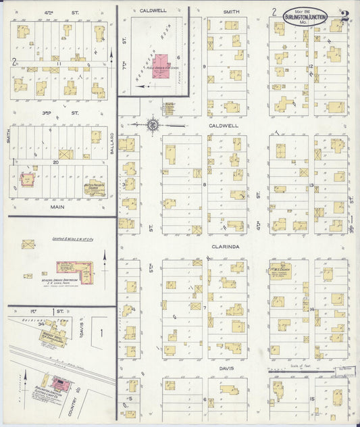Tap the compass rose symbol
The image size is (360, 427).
[153, 124]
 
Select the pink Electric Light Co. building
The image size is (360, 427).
[61, 385]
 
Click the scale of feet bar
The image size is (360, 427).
[307, 372]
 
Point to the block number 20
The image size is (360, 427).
[57, 163]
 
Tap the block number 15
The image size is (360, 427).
[312, 399]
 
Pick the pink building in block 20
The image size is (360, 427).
[28, 180]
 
